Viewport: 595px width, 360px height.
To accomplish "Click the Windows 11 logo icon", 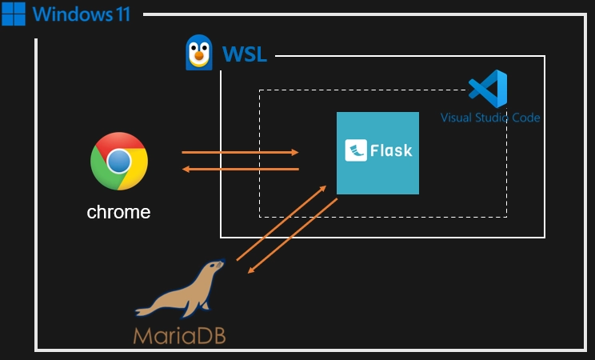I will (14, 14).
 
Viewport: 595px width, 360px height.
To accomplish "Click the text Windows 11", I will (82, 14).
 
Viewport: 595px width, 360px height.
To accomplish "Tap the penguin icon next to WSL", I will (198, 53).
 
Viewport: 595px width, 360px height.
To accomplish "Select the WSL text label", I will (244, 56).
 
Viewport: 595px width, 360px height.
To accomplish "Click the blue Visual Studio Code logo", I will (488, 89).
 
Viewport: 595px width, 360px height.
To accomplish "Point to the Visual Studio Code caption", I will (490, 118).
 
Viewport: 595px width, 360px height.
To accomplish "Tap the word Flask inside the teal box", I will (391, 150).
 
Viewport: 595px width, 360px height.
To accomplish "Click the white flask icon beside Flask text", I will (356, 150).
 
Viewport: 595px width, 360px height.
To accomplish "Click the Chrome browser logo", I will (119, 161).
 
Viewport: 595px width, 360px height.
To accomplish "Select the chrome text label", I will (118, 212).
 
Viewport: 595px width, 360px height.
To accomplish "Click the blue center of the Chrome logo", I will (119, 161).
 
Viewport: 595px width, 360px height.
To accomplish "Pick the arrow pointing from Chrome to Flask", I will (240, 151).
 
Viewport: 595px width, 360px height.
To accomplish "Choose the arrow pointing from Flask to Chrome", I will (240, 169).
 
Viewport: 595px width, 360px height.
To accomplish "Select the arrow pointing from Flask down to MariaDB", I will (292, 235).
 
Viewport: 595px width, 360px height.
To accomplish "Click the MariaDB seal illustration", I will (180, 292).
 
